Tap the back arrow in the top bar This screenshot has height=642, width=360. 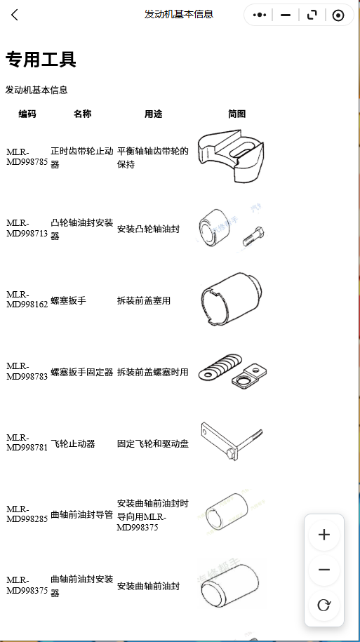pos(15,15)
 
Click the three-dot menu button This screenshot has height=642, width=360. pos(260,15)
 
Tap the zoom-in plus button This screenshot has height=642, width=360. pos(324,535)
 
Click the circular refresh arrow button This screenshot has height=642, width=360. pos(324,605)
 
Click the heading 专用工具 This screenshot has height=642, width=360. pos(41,60)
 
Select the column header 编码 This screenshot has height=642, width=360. pos(27,114)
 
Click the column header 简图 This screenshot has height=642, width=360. pos(236,114)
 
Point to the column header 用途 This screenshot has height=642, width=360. pos(153,114)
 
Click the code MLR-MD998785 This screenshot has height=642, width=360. pos(27,157)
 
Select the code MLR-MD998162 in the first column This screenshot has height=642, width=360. pos(27,300)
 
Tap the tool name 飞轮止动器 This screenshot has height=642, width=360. pos(73,444)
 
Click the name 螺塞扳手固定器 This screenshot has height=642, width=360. pos(82,372)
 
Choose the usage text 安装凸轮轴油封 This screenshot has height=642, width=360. pos(148,229)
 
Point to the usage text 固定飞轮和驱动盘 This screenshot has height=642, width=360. pos(153,444)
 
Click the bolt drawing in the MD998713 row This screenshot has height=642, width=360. pos(253,236)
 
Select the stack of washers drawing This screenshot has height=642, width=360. pos(220,366)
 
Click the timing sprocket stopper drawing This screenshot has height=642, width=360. pos(231,155)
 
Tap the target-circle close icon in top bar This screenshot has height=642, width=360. pos(338,15)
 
